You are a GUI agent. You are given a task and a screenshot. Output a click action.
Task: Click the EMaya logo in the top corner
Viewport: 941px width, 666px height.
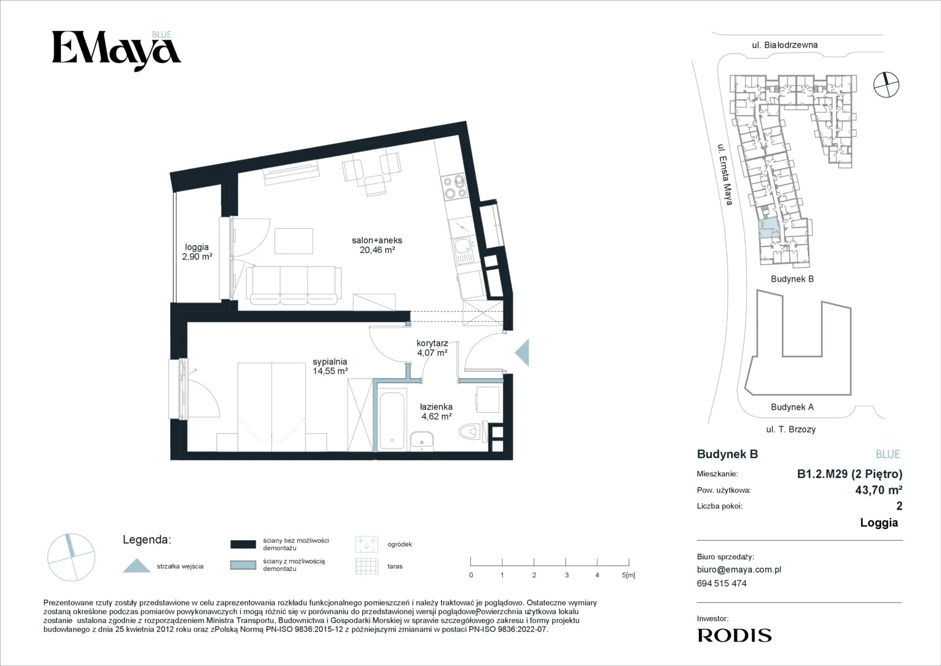pyautogui.click(x=116, y=51)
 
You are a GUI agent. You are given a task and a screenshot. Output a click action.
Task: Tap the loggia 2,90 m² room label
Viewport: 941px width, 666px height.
pyautogui.click(x=197, y=252)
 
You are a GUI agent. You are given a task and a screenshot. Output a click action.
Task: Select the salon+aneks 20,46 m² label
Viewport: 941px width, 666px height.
pyautogui.click(x=377, y=245)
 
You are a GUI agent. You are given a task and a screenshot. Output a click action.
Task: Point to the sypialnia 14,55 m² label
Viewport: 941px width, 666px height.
pyautogui.click(x=330, y=366)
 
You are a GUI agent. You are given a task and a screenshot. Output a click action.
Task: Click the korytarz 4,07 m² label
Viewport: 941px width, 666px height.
pyautogui.click(x=432, y=348)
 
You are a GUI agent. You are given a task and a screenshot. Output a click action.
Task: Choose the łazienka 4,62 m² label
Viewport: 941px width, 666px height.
pyautogui.click(x=436, y=412)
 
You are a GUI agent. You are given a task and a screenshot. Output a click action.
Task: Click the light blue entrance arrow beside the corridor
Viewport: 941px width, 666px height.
pyautogui.click(x=522, y=352)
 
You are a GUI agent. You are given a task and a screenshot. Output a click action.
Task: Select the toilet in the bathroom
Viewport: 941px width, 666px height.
pyautogui.click(x=469, y=432)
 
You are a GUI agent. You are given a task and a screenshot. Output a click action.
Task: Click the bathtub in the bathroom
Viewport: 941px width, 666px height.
pyautogui.click(x=393, y=421)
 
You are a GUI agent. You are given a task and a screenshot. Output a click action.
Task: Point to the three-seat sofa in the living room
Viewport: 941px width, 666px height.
pyautogui.click(x=294, y=286)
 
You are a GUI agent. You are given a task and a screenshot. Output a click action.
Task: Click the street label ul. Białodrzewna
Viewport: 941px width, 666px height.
pyautogui.click(x=784, y=45)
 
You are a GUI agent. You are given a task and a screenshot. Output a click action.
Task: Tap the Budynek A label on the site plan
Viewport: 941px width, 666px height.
pyautogui.click(x=792, y=407)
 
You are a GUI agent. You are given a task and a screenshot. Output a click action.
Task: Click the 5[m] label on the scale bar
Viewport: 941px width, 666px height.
pyautogui.click(x=629, y=575)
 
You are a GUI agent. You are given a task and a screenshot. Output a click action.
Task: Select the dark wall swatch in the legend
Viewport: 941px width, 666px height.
pyautogui.click(x=243, y=545)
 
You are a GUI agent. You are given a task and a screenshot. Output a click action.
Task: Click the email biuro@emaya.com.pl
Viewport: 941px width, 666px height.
pyautogui.click(x=739, y=570)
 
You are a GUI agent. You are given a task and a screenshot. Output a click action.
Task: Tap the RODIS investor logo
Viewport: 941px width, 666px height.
pyautogui.click(x=735, y=635)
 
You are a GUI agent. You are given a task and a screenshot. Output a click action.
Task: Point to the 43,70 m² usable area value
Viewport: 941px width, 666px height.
pyautogui.click(x=879, y=490)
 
